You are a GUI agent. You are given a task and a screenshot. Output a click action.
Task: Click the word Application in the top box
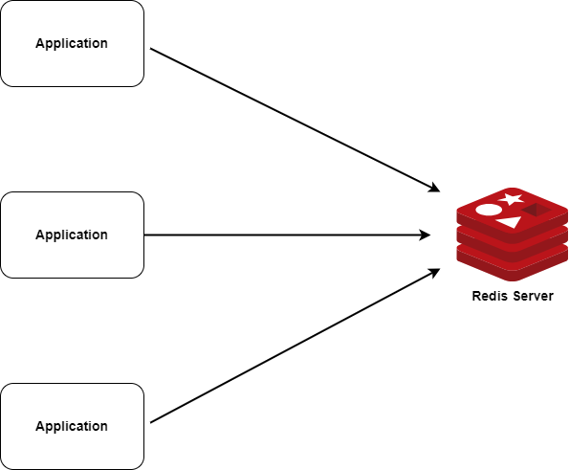72,43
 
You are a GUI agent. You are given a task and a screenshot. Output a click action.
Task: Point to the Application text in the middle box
72,235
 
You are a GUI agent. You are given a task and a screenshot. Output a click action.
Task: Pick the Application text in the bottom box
72,426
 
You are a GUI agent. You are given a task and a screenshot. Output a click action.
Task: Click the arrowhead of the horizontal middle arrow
425,235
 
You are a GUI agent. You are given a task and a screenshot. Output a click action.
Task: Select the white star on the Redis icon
512,199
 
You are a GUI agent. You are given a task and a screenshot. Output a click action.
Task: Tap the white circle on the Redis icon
488,210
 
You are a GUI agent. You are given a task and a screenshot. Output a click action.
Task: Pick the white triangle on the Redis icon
509,222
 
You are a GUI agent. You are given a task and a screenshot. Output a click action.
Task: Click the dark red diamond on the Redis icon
533,210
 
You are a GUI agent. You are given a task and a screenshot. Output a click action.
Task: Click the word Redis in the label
491,296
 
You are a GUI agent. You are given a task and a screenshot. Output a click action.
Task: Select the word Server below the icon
533,296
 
